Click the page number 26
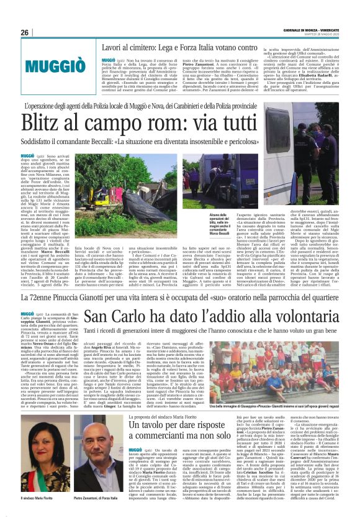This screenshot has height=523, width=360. coord(25,32)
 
